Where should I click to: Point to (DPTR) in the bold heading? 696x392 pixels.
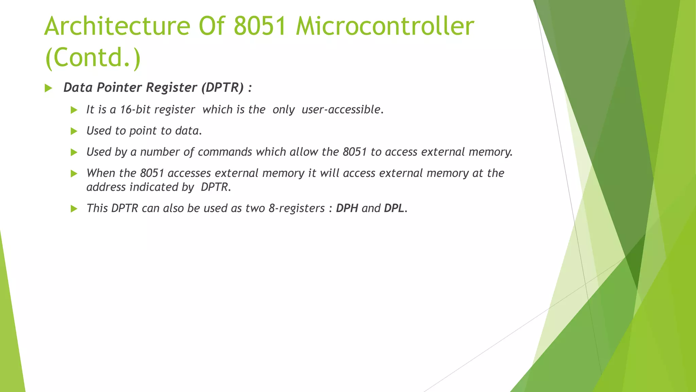tap(223, 87)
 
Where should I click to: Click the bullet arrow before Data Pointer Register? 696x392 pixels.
tap(48, 88)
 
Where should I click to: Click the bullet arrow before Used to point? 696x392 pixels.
tap(74, 131)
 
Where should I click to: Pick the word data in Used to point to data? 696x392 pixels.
tap(188, 131)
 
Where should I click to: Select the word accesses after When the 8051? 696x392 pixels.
tap(189, 173)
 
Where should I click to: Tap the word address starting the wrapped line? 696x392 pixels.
tap(106, 187)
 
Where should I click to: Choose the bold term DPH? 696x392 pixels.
tap(347, 208)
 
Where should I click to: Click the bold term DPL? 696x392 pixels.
tap(394, 208)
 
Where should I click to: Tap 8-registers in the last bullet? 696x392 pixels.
tap(296, 208)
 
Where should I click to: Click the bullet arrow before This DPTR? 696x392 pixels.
tap(74, 209)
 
